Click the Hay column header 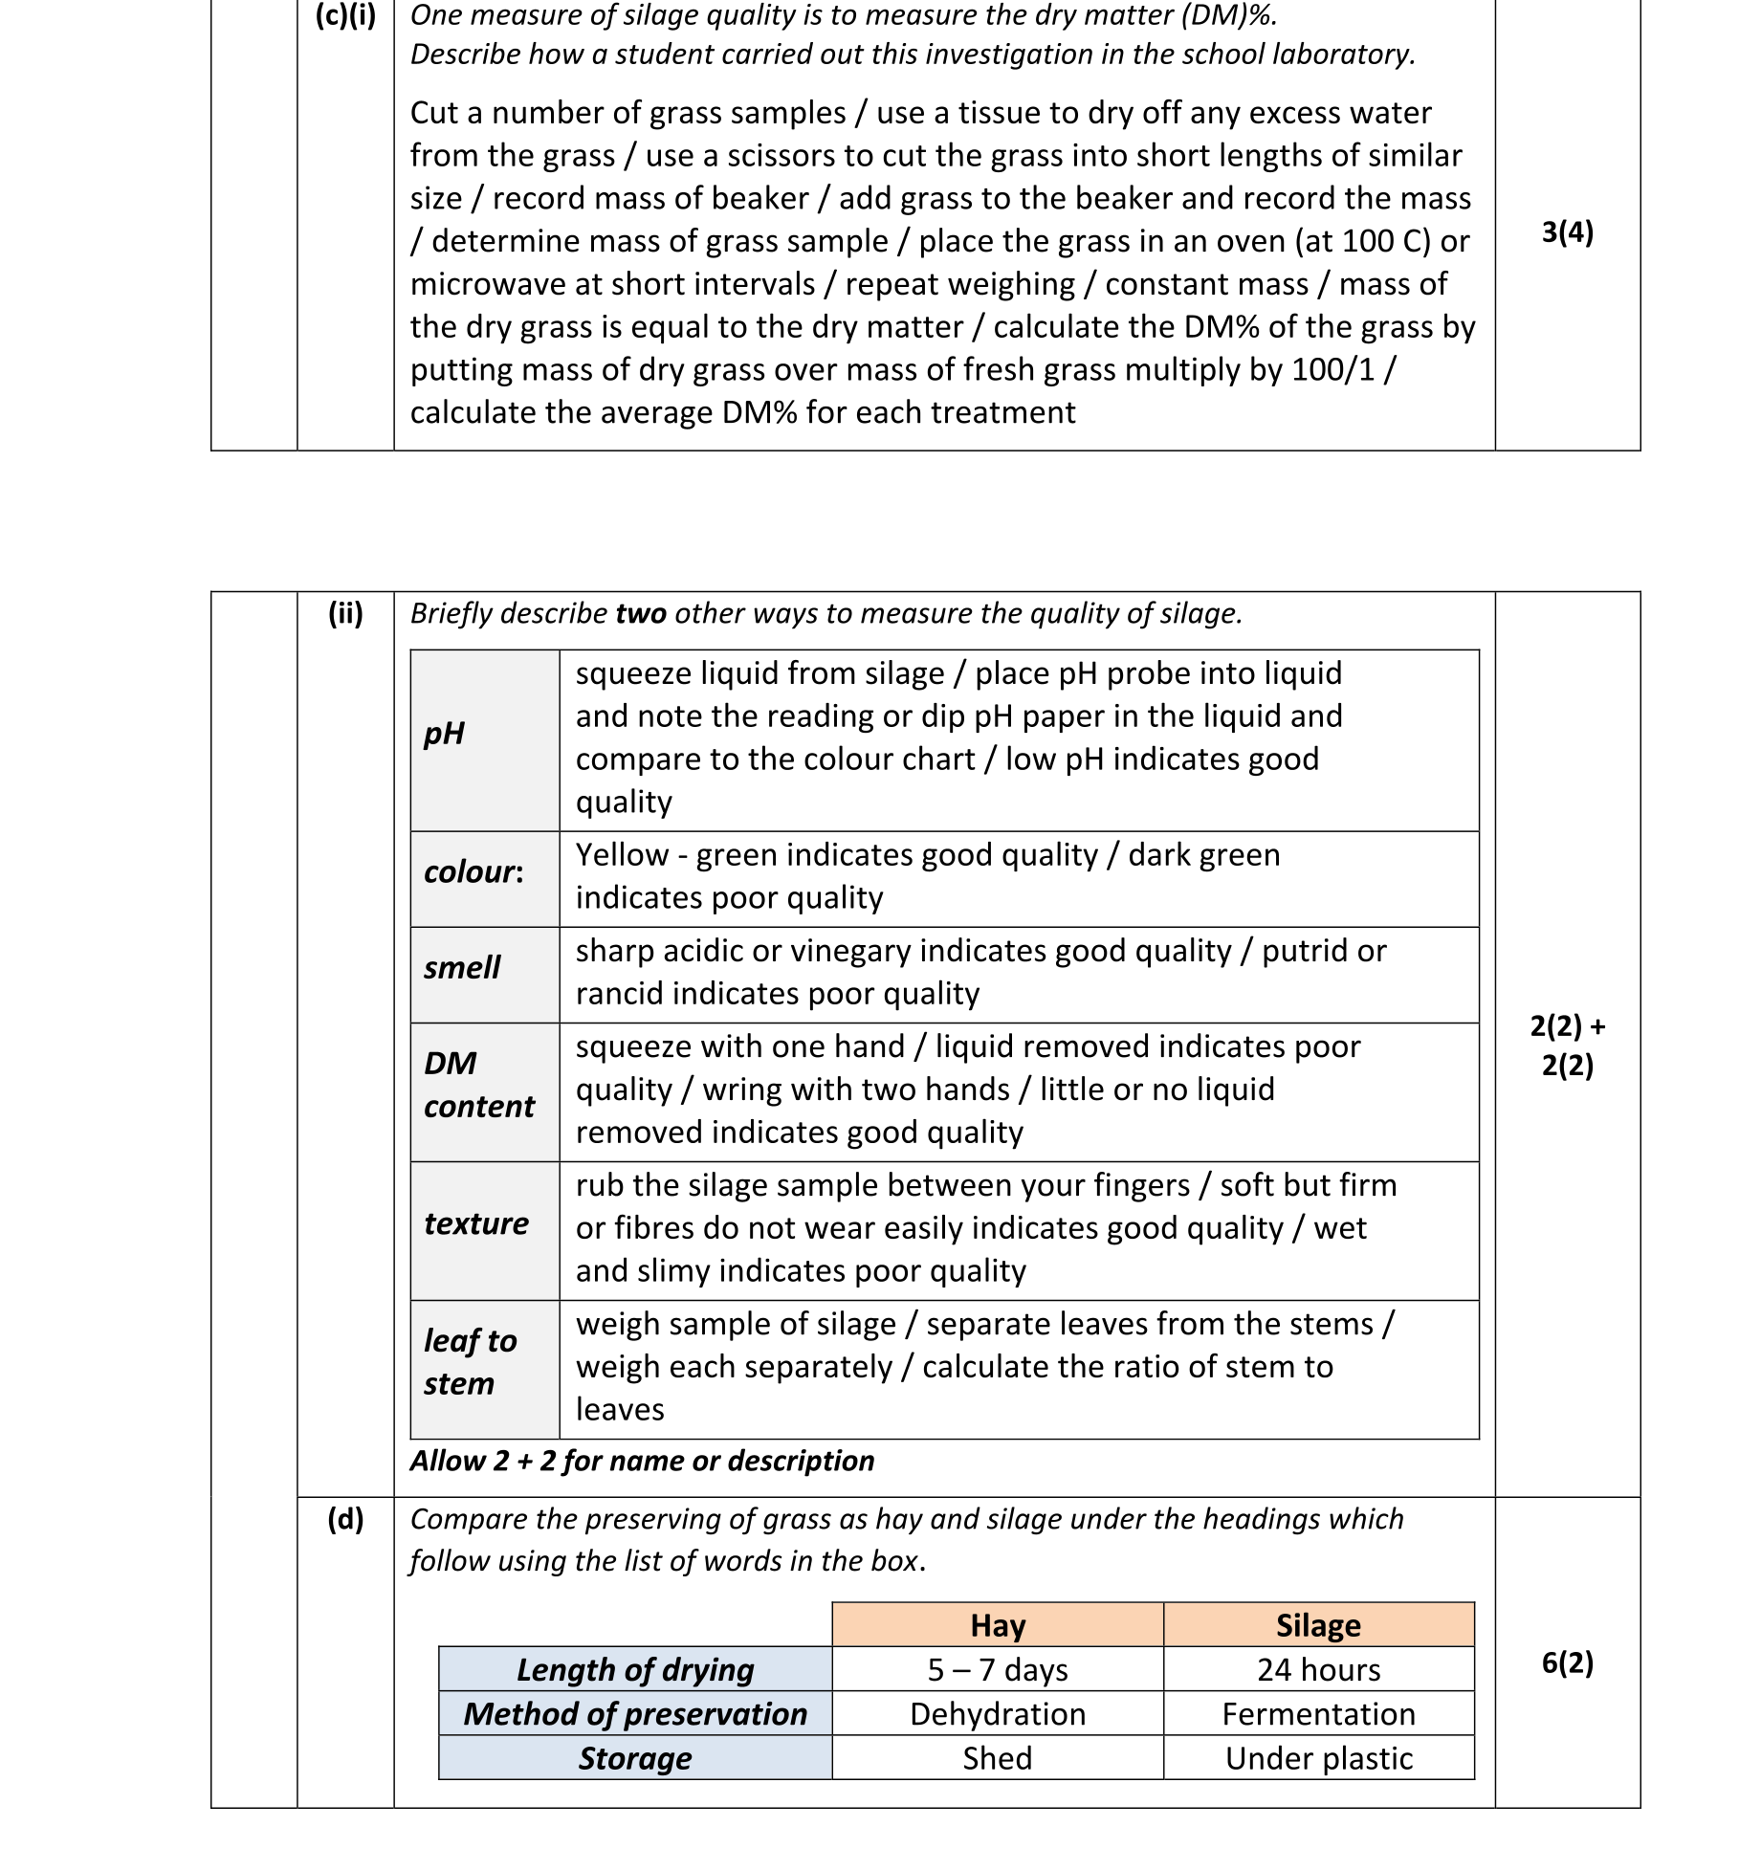point(997,1625)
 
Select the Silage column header point(1318,1625)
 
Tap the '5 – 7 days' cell point(997,1669)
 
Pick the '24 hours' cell point(1318,1669)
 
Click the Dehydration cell point(997,1713)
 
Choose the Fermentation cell point(1318,1713)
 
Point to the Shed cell point(997,1758)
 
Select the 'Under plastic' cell point(1318,1758)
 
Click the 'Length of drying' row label point(635,1669)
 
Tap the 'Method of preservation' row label point(635,1713)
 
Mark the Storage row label point(635,1758)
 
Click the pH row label point(444,734)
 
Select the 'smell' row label point(462,968)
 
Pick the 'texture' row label point(476,1223)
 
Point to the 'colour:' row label point(473,872)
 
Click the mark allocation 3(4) point(1567,232)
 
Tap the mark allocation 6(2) point(1567,1662)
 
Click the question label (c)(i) point(345,15)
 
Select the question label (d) point(345,1519)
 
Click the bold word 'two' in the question point(641,613)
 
